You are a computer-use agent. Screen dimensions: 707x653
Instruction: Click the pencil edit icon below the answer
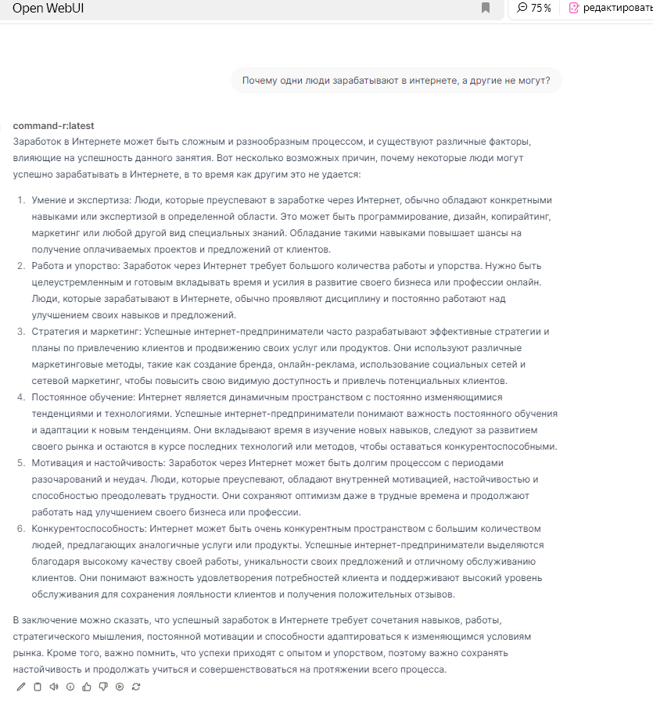21,687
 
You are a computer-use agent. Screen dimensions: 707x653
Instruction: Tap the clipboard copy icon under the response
38,687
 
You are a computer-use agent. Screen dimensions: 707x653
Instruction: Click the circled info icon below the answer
70,687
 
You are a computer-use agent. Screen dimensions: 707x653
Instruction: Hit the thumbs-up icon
87,687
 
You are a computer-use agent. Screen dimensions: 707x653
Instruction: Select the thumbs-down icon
103,687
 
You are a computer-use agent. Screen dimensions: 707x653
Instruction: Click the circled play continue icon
120,687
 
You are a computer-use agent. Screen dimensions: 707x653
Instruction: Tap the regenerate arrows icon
136,687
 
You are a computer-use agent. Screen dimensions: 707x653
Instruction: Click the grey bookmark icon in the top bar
486,8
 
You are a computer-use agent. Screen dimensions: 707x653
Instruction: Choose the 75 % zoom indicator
534,8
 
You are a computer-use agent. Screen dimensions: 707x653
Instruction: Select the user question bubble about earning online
396,80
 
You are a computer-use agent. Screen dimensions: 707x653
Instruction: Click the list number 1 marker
22,200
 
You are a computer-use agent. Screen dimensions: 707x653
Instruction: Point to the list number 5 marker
22,463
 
